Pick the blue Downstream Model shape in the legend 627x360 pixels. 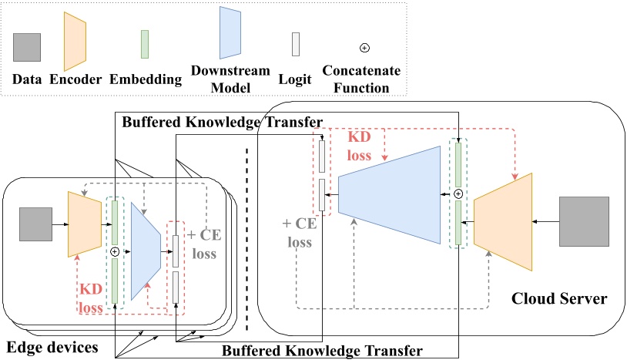tap(232, 33)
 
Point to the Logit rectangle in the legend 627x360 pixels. tap(296, 45)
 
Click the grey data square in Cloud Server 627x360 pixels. tap(585, 222)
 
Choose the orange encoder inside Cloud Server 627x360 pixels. tap(504, 222)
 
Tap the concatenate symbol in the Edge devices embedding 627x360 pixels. tap(116, 251)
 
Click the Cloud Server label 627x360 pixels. tap(549, 298)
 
